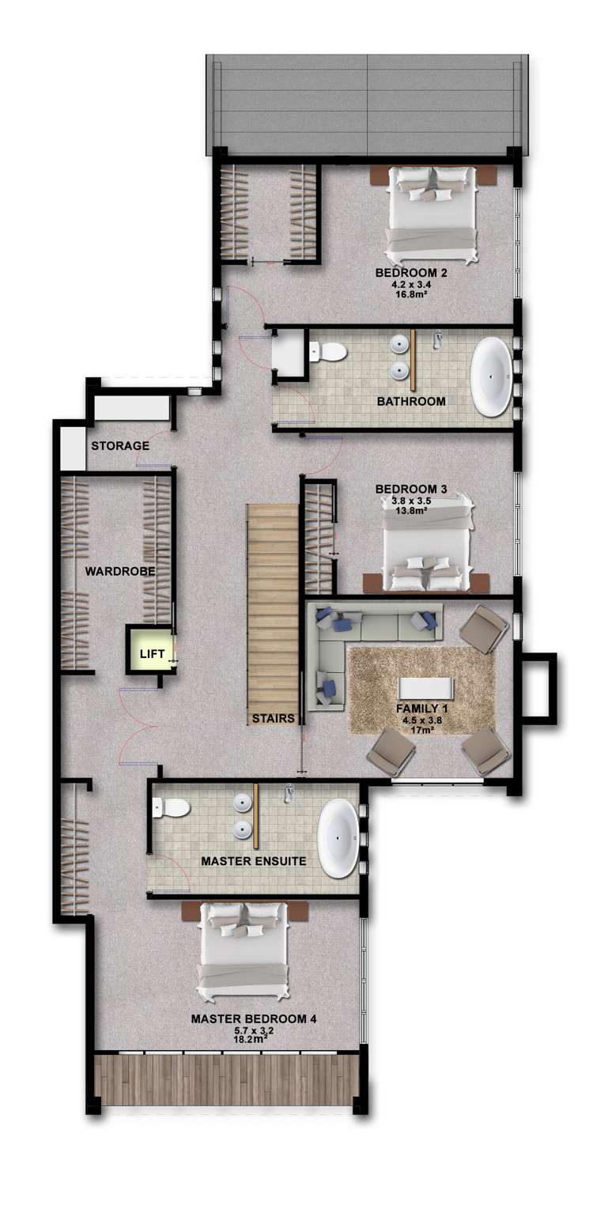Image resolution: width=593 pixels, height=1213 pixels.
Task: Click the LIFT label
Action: click(x=152, y=654)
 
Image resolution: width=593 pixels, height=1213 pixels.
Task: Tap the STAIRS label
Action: click(x=274, y=719)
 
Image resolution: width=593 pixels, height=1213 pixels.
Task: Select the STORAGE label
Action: click(x=120, y=446)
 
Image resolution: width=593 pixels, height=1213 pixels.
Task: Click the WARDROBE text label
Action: click(x=119, y=570)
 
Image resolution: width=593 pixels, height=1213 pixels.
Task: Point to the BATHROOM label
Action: click(x=411, y=402)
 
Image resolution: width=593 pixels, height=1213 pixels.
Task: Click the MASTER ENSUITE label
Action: click(x=253, y=860)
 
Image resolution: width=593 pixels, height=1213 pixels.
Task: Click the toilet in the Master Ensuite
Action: click(x=172, y=807)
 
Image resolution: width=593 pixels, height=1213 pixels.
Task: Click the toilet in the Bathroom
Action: click(x=328, y=351)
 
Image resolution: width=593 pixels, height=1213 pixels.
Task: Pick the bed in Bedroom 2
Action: click(x=432, y=214)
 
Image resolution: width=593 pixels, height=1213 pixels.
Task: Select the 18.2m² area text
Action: click(x=253, y=1041)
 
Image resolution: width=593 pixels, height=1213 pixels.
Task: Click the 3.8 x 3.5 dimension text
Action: click(x=411, y=501)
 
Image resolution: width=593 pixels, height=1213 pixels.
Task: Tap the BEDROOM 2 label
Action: click(x=411, y=274)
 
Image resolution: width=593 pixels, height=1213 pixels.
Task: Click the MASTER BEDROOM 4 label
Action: click(x=254, y=1019)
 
